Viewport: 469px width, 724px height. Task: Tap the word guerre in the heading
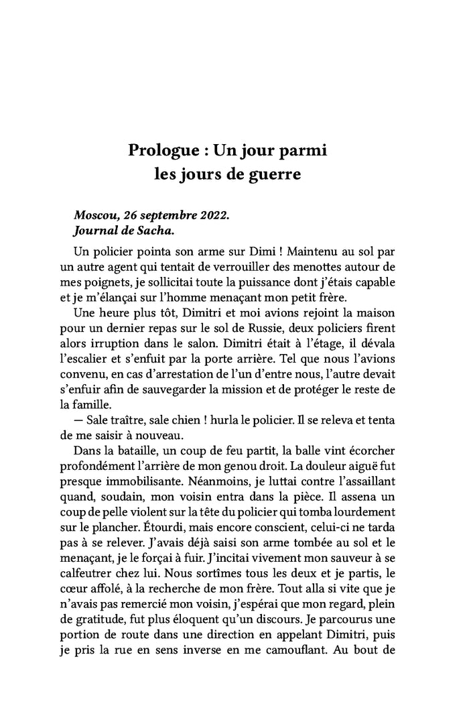pyautogui.click(x=275, y=176)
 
